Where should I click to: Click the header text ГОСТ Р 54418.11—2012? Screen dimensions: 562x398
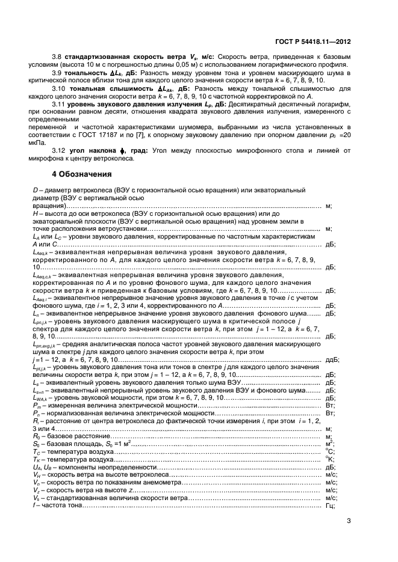coord(312,43)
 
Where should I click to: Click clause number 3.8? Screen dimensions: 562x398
coord(57,55)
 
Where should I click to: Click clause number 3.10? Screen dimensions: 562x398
coord(58,88)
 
